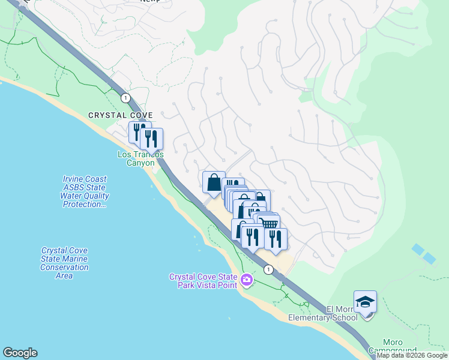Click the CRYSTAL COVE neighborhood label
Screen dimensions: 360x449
pos(121,115)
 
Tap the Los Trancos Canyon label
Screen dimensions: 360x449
pos(140,158)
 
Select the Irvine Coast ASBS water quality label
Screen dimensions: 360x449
pos(85,191)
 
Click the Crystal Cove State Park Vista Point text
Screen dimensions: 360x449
pos(203,281)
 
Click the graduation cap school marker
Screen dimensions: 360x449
pos(365,302)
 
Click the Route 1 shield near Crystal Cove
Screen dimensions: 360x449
pos(125,98)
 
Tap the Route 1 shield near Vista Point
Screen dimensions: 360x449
pos(268,269)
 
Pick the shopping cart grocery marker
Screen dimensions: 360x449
pos(270,224)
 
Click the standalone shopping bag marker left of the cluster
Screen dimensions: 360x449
pos(214,182)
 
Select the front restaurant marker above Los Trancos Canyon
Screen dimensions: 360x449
pos(151,139)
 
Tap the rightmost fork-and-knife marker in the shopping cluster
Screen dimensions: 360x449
pos(276,239)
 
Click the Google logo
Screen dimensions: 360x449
pos(20,353)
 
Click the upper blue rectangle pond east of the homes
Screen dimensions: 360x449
pos(418,248)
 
